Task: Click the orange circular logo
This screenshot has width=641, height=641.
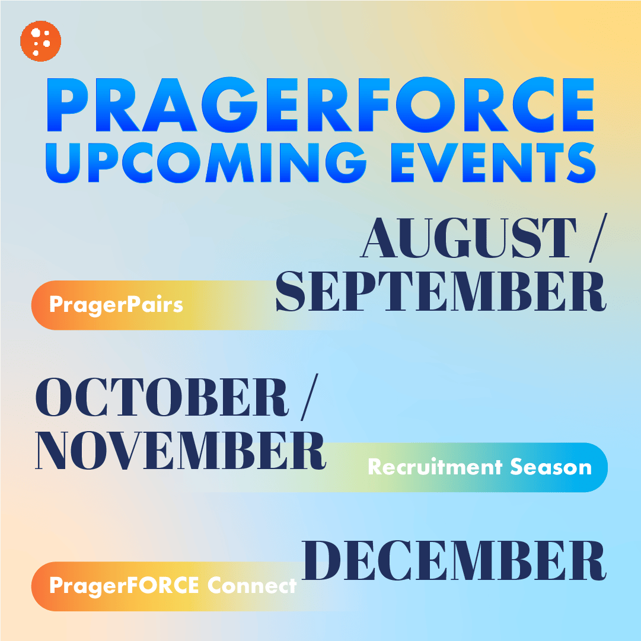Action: [x=40, y=41]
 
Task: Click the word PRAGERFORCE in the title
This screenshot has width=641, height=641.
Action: [x=320, y=104]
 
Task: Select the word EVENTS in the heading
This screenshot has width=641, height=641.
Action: [x=493, y=162]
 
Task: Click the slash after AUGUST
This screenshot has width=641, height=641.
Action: [x=598, y=238]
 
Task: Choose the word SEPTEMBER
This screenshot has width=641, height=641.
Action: [x=441, y=291]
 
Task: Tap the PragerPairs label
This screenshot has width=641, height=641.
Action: [x=116, y=305]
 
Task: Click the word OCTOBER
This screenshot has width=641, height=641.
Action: [x=162, y=397]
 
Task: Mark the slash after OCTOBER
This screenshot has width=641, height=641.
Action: [x=309, y=397]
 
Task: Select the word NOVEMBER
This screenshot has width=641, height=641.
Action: [x=180, y=451]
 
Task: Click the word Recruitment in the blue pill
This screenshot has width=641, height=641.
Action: [x=435, y=467]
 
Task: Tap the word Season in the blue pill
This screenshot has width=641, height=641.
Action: [x=551, y=467]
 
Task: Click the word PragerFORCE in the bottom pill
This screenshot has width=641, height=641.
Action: [x=124, y=586]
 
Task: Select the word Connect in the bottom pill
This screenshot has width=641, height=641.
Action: [x=252, y=585]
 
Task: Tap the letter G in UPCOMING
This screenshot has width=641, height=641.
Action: [x=346, y=162]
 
